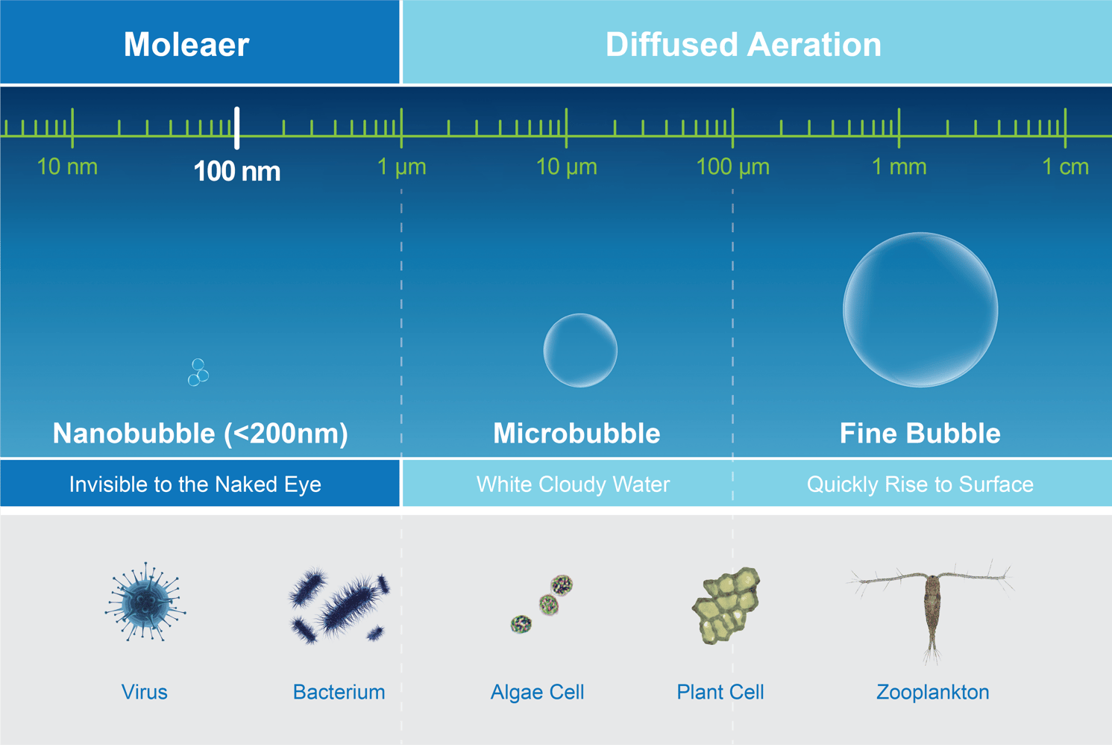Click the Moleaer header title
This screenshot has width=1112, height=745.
click(186, 45)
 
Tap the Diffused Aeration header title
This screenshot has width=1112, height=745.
click(743, 45)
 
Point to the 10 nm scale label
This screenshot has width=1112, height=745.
click(67, 166)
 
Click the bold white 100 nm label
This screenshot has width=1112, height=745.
click(237, 172)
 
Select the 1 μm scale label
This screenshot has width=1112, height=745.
click(402, 166)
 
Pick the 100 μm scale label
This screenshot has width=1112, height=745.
click(732, 166)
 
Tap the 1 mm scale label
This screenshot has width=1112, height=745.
click(899, 166)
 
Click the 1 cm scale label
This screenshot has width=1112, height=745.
click(1065, 166)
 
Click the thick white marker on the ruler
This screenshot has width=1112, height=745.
click(237, 128)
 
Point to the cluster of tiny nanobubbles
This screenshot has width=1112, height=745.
click(198, 372)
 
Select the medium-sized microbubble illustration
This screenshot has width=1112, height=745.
click(580, 350)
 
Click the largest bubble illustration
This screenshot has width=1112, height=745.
click(920, 310)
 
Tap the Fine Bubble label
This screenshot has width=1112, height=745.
click(920, 434)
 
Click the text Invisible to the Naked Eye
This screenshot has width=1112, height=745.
click(195, 484)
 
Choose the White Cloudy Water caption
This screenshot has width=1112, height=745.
click(573, 484)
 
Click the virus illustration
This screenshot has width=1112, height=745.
click(145, 602)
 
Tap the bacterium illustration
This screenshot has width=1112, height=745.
click(339, 605)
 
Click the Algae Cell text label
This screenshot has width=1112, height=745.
click(537, 692)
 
